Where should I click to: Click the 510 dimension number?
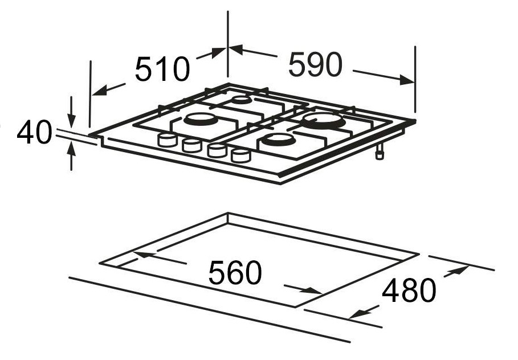pyautogui.click(x=162, y=69)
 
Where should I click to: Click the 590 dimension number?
pyautogui.click(x=315, y=64)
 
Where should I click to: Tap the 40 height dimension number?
pyautogui.click(x=34, y=132)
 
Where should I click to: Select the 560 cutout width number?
pyautogui.click(x=235, y=273)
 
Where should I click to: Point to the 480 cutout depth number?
pyautogui.click(x=409, y=291)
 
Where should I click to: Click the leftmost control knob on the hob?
pyautogui.click(x=168, y=140)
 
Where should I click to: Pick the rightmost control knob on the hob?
pyautogui.click(x=240, y=156)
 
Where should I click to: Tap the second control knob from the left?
pyautogui.click(x=191, y=145)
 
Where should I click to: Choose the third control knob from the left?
pyautogui.click(x=217, y=150)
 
